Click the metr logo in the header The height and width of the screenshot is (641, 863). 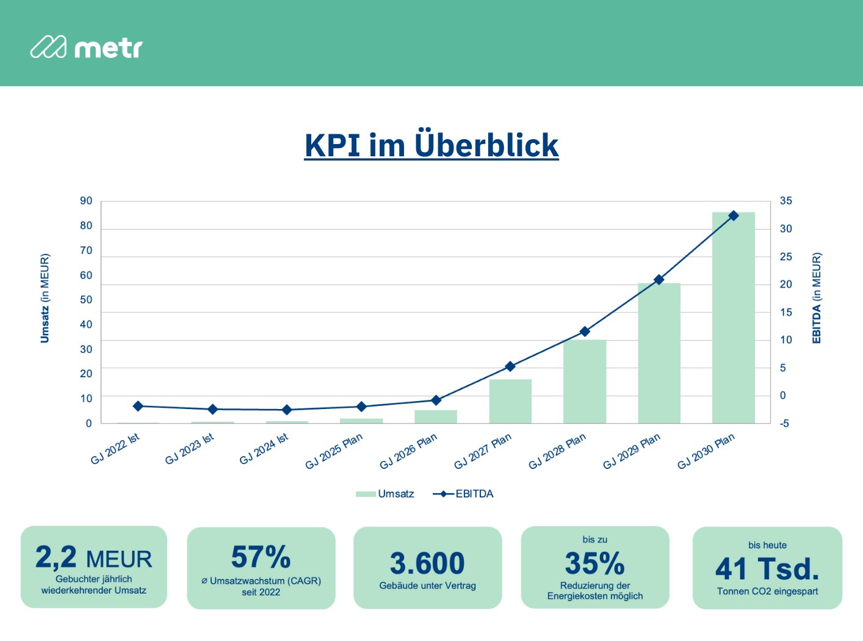(86, 48)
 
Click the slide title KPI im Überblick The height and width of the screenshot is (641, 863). (431, 145)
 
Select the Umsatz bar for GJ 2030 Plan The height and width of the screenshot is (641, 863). (733, 317)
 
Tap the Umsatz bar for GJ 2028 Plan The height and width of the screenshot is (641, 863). (585, 382)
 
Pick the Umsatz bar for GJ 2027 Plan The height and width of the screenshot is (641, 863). (510, 401)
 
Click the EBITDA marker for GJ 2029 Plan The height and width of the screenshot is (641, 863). (659, 280)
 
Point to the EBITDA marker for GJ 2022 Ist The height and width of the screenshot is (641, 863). (138, 406)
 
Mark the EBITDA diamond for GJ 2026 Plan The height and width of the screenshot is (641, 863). (436, 400)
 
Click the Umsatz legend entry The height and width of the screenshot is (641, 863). (385, 494)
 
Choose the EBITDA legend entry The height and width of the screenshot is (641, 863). (463, 494)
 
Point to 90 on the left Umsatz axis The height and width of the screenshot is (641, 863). (86, 201)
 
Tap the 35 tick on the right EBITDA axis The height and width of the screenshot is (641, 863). (785, 201)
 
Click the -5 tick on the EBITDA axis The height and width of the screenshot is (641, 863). (784, 423)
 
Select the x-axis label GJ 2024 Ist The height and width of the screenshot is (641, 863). (264, 449)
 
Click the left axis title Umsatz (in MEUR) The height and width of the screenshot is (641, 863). (45, 298)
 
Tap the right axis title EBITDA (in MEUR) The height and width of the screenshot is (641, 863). (817, 298)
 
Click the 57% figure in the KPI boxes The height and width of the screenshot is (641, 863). (261, 557)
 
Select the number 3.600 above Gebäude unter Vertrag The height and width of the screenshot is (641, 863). (427, 563)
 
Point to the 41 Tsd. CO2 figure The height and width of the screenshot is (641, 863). (767, 569)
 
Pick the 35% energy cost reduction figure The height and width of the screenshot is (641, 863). (594, 563)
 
